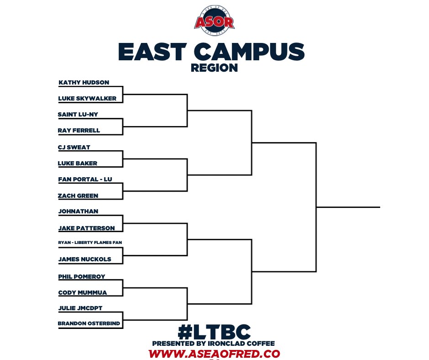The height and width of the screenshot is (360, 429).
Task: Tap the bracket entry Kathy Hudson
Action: tap(84, 83)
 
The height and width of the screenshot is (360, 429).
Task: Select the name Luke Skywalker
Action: tap(87, 98)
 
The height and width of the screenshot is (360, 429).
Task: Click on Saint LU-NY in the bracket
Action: tap(78, 114)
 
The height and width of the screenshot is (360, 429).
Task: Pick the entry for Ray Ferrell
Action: tap(79, 130)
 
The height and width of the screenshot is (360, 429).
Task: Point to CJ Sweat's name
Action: tap(74, 147)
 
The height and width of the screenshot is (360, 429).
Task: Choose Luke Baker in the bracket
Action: tap(78, 163)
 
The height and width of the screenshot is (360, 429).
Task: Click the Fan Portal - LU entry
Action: tap(85, 180)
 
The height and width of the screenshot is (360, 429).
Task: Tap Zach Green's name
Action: tap(78, 196)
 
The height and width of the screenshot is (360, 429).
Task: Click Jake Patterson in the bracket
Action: tap(87, 228)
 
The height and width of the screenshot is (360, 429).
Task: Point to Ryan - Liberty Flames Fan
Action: tap(90, 242)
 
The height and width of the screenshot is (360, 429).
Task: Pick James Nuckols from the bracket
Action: tap(84, 259)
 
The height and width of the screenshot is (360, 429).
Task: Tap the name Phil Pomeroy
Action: tap(82, 277)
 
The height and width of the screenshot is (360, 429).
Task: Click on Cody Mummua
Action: tap(83, 293)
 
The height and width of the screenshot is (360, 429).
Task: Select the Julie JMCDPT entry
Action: tap(80, 308)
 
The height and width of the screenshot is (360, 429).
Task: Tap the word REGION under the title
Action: tap(214, 68)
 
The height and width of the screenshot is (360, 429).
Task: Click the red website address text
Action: tap(214, 354)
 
